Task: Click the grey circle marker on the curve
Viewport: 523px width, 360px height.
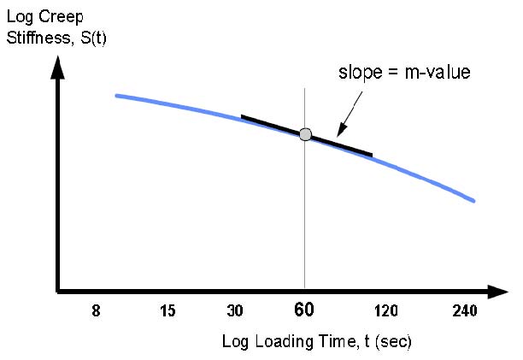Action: pyautogui.click(x=305, y=134)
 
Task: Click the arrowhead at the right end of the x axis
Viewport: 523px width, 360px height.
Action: pyautogui.click(x=498, y=292)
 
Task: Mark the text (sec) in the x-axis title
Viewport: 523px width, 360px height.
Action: pyautogui.click(x=392, y=343)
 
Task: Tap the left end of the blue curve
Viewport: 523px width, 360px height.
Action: pyautogui.click(x=116, y=95)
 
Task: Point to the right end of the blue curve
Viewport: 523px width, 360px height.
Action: pyautogui.click(x=473, y=201)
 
